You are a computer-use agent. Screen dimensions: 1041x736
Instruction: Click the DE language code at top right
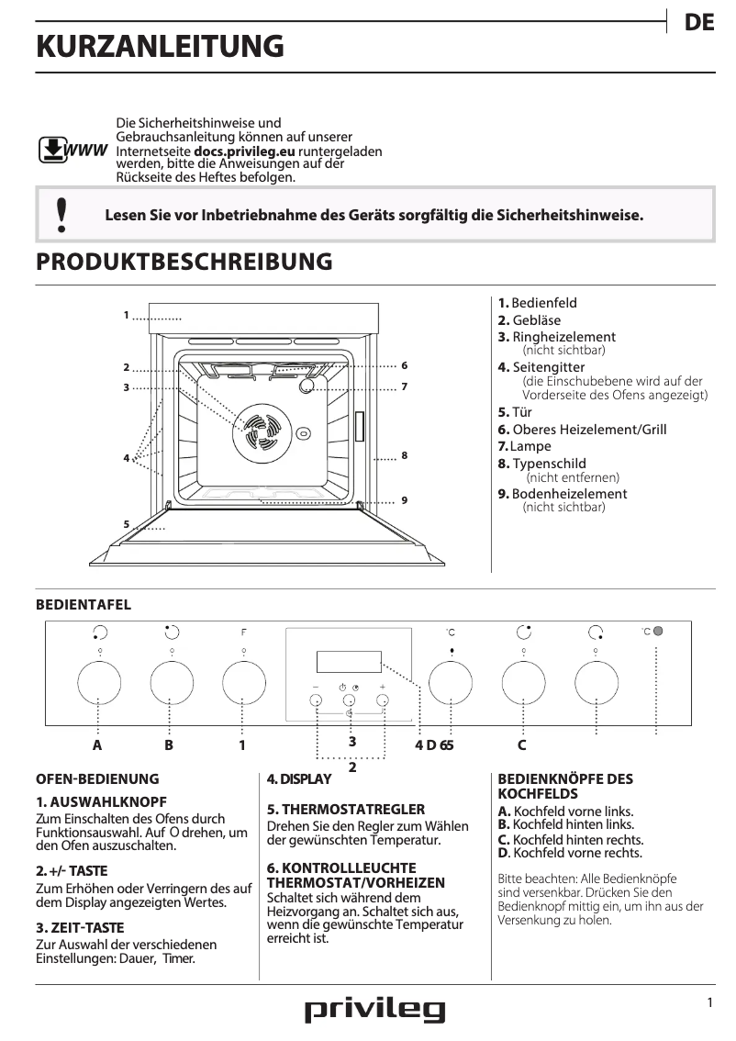click(699, 23)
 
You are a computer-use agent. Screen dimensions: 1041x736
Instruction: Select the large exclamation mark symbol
click(61, 214)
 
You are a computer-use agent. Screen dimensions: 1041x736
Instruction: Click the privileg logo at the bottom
click(374, 1011)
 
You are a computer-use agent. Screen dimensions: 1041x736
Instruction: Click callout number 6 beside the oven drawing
click(404, 365)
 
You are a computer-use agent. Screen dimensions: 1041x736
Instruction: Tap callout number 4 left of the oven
click(126, 457)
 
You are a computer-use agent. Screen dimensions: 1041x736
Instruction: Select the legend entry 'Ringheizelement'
click(563, 337)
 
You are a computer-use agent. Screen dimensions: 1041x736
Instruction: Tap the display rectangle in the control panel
click(349, 661)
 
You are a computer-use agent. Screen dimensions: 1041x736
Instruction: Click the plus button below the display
click(383, 700)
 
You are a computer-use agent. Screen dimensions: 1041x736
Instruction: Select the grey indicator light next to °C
click(658, 631)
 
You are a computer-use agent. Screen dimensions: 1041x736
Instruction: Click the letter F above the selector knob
click(243, 632)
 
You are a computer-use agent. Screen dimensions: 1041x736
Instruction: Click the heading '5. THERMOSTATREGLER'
click(345, 810)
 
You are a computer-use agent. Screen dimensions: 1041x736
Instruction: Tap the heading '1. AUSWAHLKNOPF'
click(101, 801)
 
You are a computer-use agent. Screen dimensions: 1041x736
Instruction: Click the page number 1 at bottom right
click(709, 1002)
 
